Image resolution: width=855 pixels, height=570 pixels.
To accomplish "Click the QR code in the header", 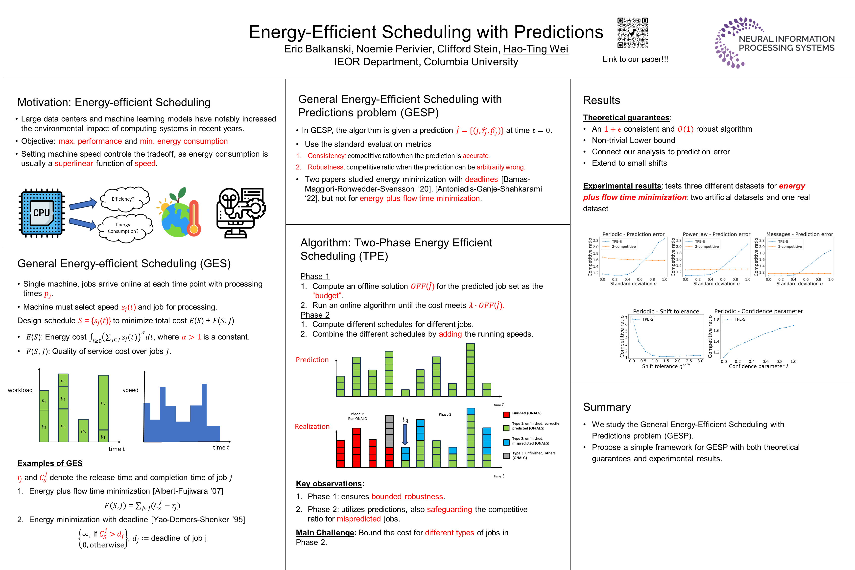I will pyautogui.click(x=633, y=33).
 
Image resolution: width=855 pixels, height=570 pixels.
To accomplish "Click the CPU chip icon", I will pyautogui.click(x=42, y=213).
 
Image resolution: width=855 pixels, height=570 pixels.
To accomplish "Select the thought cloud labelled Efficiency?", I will pyautogui.click(x=124, y=199).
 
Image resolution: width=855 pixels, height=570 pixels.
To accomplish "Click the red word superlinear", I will pyautogui.click(x=74, y=164).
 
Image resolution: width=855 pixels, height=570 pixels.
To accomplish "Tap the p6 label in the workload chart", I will pyautogui.click(x=83, y=431).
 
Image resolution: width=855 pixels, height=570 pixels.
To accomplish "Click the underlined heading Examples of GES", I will pyautogui.click(x=50, y=463).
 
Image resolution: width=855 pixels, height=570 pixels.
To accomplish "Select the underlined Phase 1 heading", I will pyautogui.click(x=315, y=276).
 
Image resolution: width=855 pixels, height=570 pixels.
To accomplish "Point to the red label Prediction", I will pyautogui.click(x=312, y=360).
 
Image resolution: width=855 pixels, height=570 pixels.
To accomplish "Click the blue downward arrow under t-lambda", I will pyautogui.click(x=405, y=435).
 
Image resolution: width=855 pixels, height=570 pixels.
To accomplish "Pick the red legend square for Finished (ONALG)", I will pyautogui.click(x=506, y=414).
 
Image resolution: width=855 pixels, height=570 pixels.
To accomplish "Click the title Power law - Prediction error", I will pyautogui.click(x=716, y=234).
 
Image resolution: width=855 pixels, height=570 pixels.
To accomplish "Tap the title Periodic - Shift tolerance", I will pyautogui.click(x=666, y=311).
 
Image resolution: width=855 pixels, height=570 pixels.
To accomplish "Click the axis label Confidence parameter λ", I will pyautogui.click(x=758, y=366).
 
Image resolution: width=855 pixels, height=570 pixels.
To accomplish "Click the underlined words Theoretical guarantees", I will pyautogui.click(x=626, y=118).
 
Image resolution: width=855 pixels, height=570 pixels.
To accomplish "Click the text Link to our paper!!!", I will pyautogui.click(x=635, y=59).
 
